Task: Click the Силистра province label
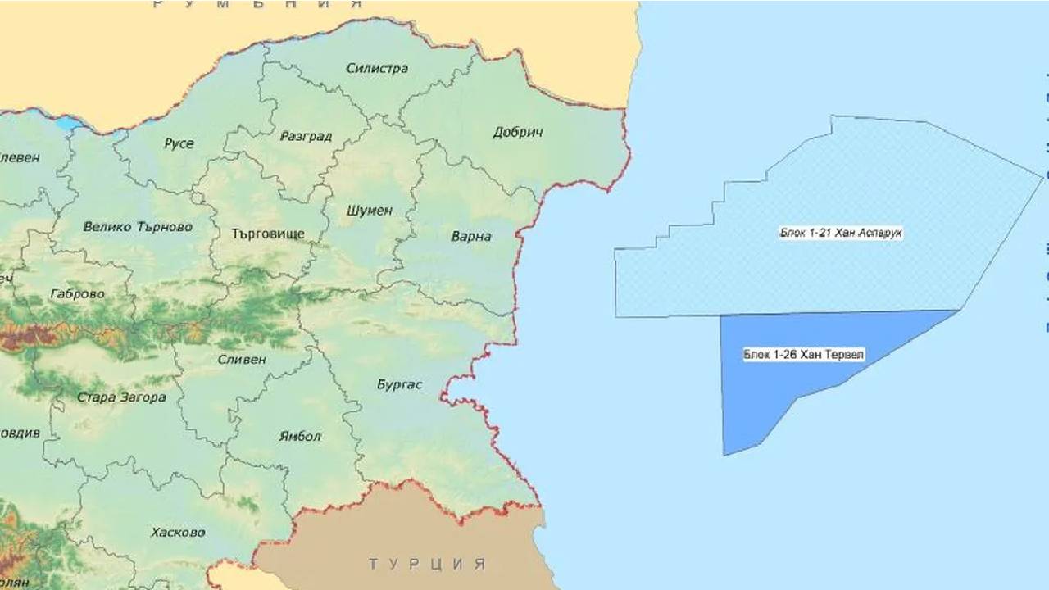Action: [x=376, y=68]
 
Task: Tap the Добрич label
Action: [x=518, y=132]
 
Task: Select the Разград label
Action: [x=306, y=136]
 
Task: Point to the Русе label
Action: [x=179, y=143]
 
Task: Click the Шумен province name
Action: [x=370, y=210]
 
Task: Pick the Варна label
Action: [x=471, y=236]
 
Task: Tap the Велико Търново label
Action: [x=138, y=226]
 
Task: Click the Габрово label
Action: [x=77, y=293]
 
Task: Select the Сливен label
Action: [x=242, y=359]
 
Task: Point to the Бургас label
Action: [x=399, y=383]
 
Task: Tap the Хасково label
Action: [x=178, y=532]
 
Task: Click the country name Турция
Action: [x=426, y=564]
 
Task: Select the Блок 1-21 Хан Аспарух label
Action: [x=841, y=234]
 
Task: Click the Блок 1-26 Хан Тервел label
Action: [x=804, y=355]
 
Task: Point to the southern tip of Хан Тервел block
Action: [x=724, y=454]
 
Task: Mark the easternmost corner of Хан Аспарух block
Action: [x=1042, y=175]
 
